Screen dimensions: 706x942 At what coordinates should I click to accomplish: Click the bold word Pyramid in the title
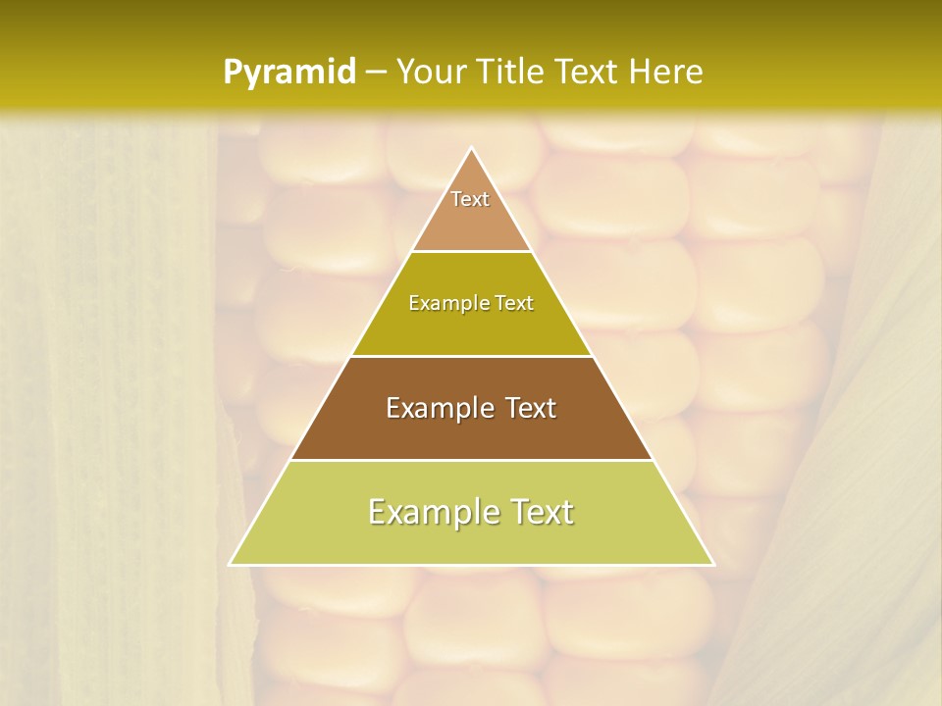tap(289, 73)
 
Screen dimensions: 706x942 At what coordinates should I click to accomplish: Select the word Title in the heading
tap(513, 73)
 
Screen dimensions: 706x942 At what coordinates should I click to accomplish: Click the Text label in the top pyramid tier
tap(470, 199)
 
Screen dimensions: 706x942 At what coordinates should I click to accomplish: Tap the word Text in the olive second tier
tap(514, 304)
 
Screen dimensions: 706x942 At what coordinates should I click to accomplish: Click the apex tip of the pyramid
tap(472, 149)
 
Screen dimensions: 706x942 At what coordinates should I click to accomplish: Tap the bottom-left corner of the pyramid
tap(231, 564)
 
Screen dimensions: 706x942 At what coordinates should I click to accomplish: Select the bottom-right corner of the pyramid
tap(713, 564)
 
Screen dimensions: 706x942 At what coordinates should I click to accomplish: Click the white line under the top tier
tap(472, 252)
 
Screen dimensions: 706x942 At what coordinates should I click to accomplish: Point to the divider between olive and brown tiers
tap(472, 356)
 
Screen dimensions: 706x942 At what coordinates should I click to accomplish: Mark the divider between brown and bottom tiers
tap(472, 460)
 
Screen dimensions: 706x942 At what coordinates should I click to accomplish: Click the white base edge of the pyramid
tap(472, 565)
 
